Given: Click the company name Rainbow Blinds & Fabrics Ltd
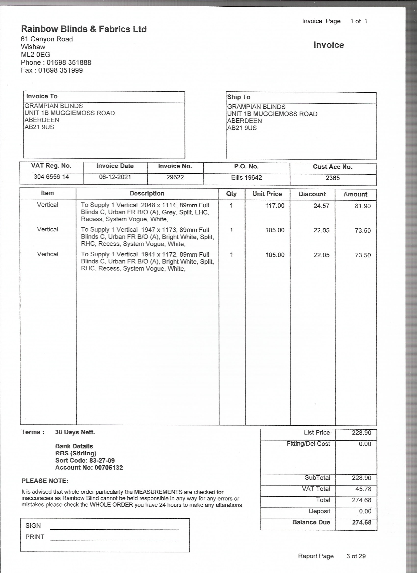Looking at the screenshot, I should click(x=84, y=29).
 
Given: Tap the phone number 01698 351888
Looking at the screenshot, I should click(x=69, y=62).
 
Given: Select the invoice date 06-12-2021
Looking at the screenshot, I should click(x=115, y=177).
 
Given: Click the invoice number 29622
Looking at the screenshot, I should click(x=175, y=177).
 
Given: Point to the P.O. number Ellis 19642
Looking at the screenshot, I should click(x=246, y=177).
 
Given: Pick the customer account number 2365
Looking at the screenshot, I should click(x=333, y=178).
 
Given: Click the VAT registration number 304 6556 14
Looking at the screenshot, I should click(x=51, y=177).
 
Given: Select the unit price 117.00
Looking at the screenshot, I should click(x=275, y=206).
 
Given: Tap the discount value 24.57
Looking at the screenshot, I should click(x=321, y=206).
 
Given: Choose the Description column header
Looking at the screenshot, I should click(x=147, y=194).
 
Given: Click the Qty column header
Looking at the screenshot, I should click(x=231, y=194).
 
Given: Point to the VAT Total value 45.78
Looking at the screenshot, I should click(x=363, y=489).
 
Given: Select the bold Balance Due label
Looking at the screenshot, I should click(x=311, y=522).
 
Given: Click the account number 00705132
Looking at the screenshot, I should click(x=109, y=467).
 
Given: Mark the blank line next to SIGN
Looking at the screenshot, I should click(x=114, y=529).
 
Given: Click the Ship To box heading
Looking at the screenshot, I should click(x=239, y=97).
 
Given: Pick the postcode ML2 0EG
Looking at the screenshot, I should click(x=36, y=55).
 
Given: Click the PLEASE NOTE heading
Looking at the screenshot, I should click(x=45, y=481).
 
